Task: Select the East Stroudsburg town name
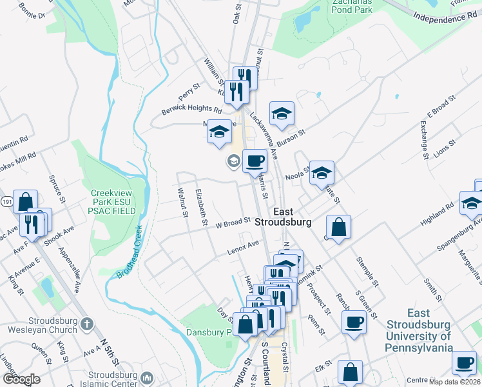coord(283,217)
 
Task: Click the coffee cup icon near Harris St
coord(255,161)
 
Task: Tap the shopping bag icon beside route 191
coord(25,201)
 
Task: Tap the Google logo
coord(21,379)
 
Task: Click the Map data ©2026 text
coord(454,382)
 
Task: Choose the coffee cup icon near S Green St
coord(354,322)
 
